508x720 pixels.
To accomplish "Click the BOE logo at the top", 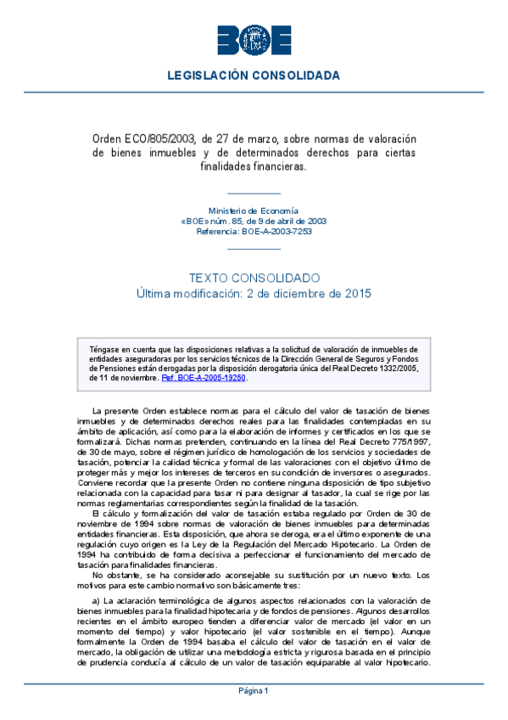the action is pos(254,39).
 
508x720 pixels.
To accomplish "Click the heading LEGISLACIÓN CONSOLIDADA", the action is pos(254,76).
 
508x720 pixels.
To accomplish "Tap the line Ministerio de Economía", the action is pos(254,210).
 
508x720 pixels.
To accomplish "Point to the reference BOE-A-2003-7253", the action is pos(275,230).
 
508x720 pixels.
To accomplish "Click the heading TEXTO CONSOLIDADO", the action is pos(254,278).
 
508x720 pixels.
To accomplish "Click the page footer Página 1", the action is pos(254,690).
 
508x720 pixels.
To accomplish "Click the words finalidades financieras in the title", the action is pos(254,166).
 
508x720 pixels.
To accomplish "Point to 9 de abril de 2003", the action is pos(297,220).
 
